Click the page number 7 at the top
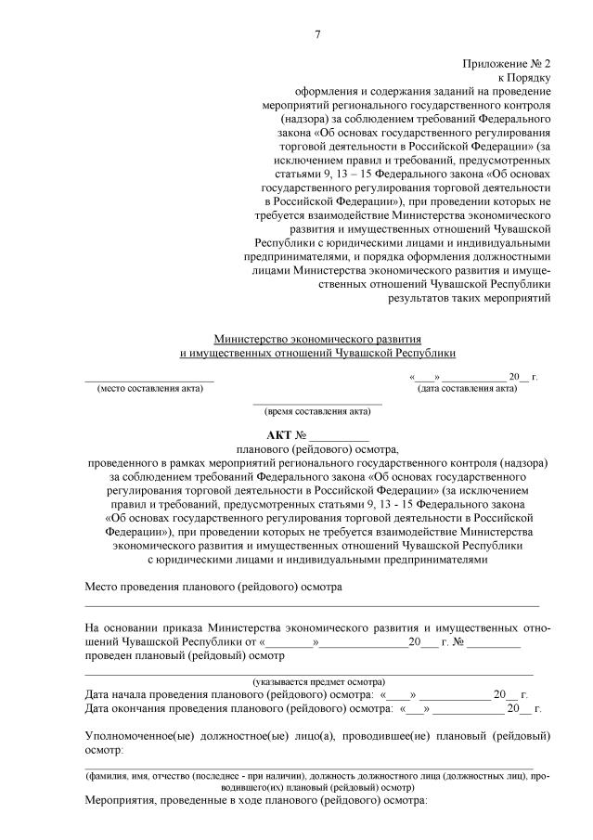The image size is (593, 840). [x=317, y=35]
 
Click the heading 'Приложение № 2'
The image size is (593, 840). [x=507, y=64]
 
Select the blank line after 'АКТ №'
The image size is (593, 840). [x=339, y=437]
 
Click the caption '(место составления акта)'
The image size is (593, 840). [x=149, y=388]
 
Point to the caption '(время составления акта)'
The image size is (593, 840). [x=317, y=410]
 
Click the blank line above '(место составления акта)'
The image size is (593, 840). [x=149, y=379]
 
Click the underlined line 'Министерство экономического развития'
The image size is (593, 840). [x=317, y=340]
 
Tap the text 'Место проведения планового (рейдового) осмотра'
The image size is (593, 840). [x=213, y=588]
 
